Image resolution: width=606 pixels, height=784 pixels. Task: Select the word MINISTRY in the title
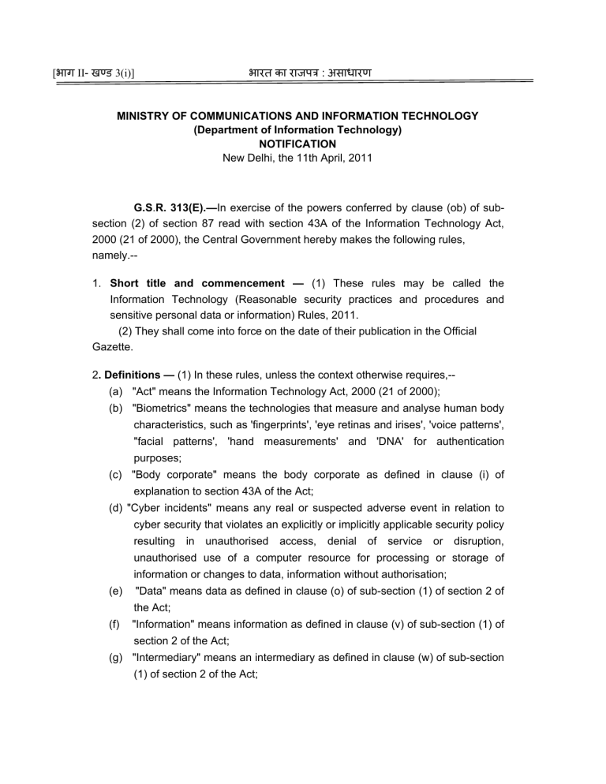pos(145,116)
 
